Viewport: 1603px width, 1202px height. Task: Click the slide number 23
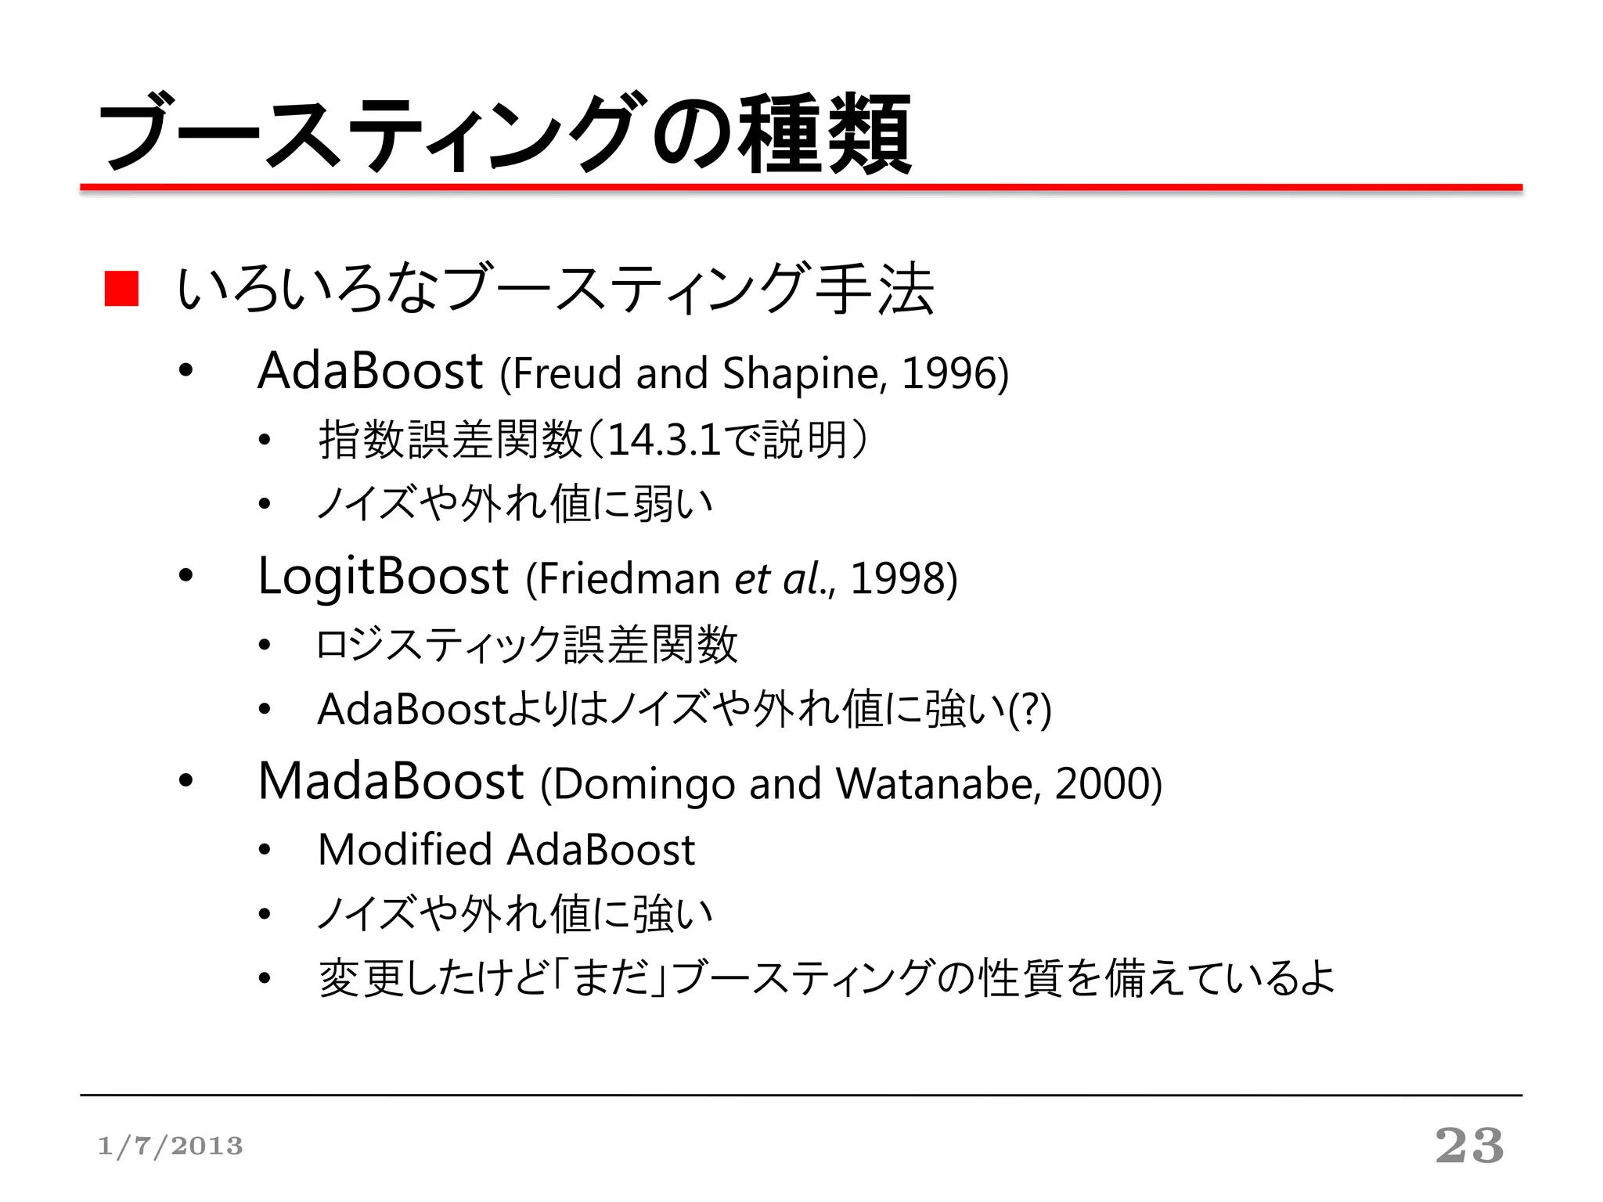pos(1469,1146)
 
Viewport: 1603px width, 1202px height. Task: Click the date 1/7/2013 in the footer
pos(170,1146)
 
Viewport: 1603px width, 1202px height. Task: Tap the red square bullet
pos(121,289)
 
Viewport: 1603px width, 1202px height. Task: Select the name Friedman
pos(629,579)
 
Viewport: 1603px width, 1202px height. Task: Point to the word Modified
pos(405,850)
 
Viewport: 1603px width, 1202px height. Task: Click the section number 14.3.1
pos(664,440)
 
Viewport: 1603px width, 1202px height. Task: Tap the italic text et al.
pos(780,579)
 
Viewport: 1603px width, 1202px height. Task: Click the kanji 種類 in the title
pos(827,133)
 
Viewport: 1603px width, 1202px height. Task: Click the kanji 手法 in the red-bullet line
pos(874,289)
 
